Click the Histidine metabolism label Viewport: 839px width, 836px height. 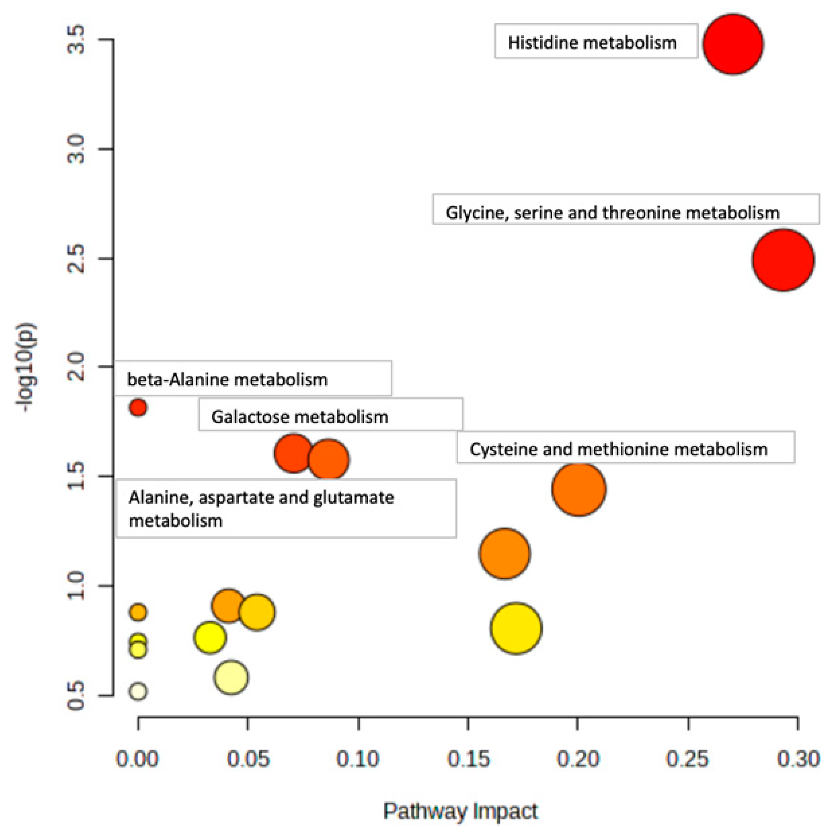coord(592,43)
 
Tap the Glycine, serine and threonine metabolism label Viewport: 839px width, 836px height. coord(612,213)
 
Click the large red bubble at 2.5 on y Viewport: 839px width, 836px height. coord(783,260)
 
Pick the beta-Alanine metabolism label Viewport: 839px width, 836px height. coord(227,380)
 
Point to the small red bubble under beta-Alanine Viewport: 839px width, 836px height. coord(138,407)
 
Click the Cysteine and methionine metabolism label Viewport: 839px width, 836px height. coord(618,449)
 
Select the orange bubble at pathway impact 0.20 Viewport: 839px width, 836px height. coord(579,489)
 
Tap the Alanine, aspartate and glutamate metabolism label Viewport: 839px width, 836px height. coord(261,508)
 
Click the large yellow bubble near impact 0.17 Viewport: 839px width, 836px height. coord(516,628)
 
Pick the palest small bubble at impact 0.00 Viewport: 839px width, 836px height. coord(138,691)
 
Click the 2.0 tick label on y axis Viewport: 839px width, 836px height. coord(76,367)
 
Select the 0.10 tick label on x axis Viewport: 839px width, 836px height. coord(358,758)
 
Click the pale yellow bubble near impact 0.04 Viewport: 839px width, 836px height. coord(231,677)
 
